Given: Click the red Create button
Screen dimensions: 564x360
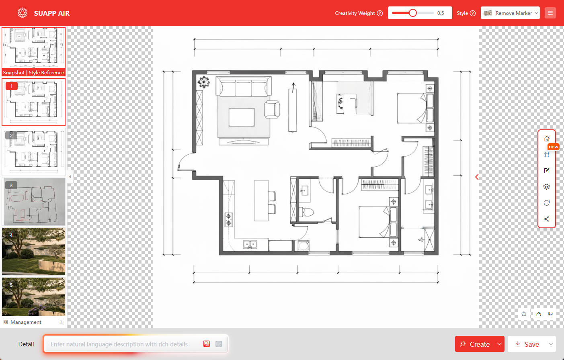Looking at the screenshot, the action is coord(475,344).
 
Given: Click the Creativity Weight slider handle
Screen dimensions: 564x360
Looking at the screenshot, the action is coord(413,13).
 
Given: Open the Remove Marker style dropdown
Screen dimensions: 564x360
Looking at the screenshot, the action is coord(510,13).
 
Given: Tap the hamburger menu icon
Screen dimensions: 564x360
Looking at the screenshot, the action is coord(550,13).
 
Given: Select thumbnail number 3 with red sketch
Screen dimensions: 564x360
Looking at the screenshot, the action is coord(33,202).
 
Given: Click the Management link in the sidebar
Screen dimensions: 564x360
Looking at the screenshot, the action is coord(26,322).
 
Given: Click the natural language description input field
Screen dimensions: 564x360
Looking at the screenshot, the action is coord(123,344).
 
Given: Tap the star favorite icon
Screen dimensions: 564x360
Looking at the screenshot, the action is coord(524,314).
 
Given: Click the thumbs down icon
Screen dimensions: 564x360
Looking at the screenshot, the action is coord(550,314).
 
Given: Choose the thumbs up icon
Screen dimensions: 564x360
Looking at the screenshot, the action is coord(539,314).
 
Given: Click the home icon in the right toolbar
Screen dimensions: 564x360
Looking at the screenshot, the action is coord(546,139).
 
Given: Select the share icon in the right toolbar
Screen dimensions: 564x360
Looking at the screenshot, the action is coord(546,219).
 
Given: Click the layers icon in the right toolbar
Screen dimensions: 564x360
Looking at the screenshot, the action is coord(546,187).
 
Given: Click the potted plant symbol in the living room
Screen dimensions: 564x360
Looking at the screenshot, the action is coord(203,82).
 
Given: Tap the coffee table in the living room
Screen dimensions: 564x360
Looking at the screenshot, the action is coord(242,117).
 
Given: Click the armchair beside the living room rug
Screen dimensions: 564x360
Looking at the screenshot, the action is coord(272,109).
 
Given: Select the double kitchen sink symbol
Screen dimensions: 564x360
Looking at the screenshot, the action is coord(250,244).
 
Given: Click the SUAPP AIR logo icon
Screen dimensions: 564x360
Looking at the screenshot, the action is coord(23,13).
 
